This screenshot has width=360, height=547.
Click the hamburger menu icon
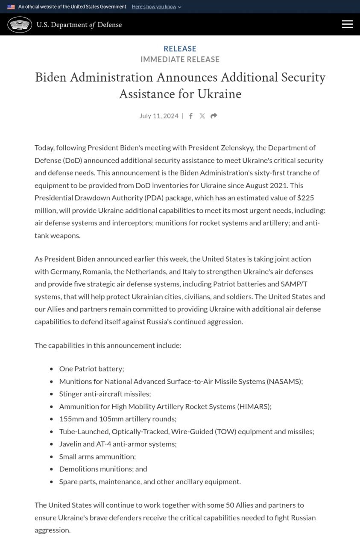(x=347, y=24)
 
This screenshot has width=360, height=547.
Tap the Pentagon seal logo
(x=20, y=25)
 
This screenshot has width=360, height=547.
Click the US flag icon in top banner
(x=11, y=7)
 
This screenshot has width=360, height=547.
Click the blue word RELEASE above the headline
(x=180, y=49)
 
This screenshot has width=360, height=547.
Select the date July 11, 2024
(x=159, y=116)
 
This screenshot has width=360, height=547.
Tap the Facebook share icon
(x=191, y=116)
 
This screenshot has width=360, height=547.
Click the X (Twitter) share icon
(x=202, y=116)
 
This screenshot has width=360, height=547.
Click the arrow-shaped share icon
(x=214, y=116)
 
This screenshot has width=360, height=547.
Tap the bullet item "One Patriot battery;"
(x=91, y=368)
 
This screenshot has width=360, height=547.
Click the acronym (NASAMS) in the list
(x=285, y=381)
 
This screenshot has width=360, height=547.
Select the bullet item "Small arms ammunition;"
(x=97, y=456)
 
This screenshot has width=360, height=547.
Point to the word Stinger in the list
(x=70, y=394)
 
